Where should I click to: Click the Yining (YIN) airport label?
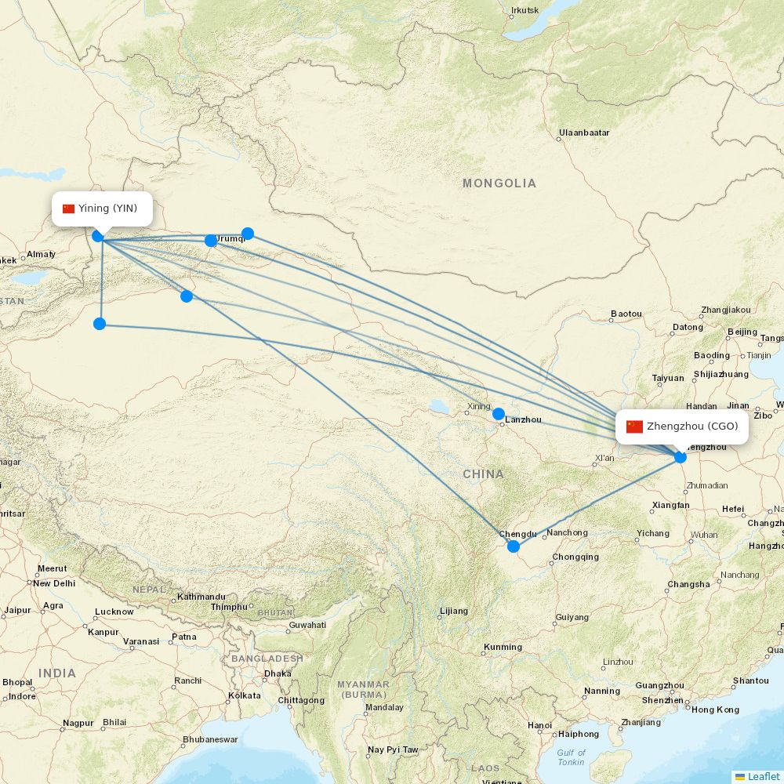click(x=100, y=209)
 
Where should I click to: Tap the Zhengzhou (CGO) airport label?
click(x=682, y=426)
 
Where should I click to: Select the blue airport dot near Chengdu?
click(x=514, y=546)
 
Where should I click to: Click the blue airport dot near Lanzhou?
click(x=499, y=413)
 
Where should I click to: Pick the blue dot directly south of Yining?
click(x=100, y=324)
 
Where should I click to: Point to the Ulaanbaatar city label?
click(x=584, y=133)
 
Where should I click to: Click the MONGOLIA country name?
click(x=499, y=183)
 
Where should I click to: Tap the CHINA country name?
click(x=483, y=474)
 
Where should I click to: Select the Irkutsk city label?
click(x=524, y=11)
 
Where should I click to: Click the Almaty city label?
click(x=41, y=254)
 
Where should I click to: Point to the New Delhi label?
click(x=53, y=583)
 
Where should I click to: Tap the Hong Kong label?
click(x=715, y=710)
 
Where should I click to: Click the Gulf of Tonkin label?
click(x=571, y=757)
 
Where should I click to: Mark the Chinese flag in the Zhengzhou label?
click(x=634, y=426)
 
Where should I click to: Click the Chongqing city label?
click(x=575, y=557)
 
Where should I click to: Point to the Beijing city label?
click(x=742, y=332)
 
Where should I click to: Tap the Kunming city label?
click(x=503, y=647)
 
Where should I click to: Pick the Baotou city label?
click(x=626, y=314)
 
